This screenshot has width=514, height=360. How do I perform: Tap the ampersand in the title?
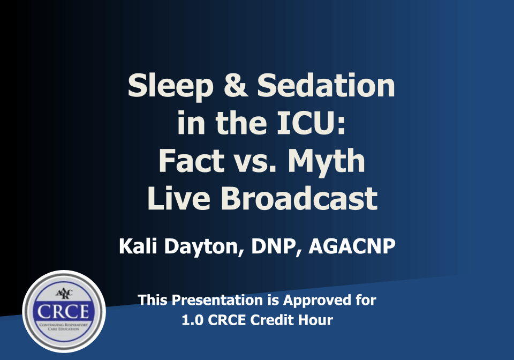(x=236, y=85)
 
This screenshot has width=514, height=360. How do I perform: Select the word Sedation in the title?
(x=326, y=85)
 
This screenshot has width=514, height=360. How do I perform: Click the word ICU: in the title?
(x=311, y=123)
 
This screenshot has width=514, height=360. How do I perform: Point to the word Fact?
(x=191, y=161)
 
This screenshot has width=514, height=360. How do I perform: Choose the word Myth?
(x=326, y=162)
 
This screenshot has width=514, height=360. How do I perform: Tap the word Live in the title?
(x=179, y=198)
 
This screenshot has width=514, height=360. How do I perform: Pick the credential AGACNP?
(x=352, y=246)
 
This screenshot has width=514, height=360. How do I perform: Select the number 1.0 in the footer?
(x=192, y=320)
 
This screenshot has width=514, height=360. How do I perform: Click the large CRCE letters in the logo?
(x=63, y=311)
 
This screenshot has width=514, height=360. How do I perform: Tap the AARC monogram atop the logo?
(x=64, y=294)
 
